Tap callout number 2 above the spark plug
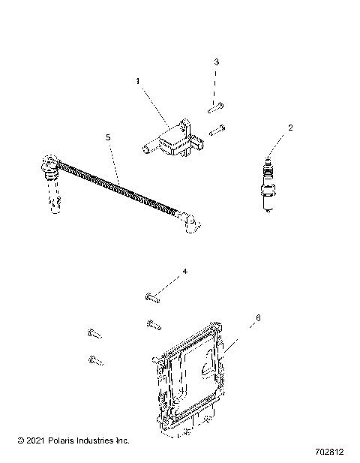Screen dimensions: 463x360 (x=269, y=128)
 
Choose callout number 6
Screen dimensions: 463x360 (x=237, y=318)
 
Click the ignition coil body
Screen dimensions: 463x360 (x=175, y=140)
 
